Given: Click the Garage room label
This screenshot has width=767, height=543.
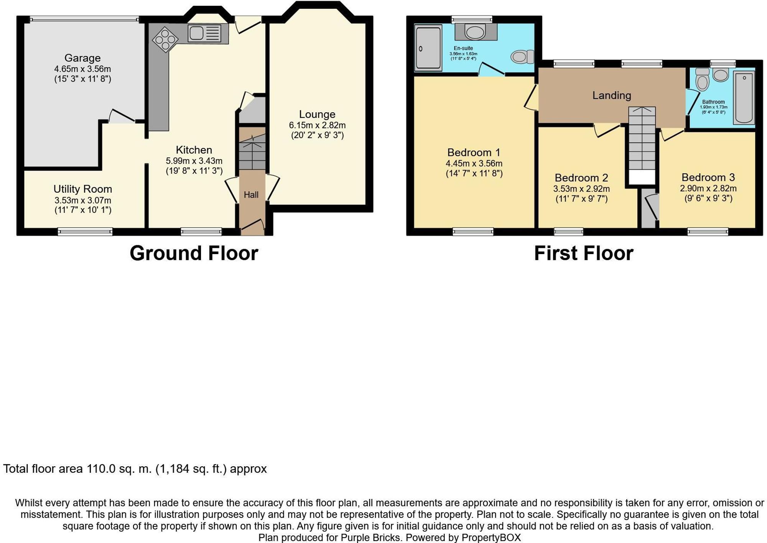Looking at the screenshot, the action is pos(82,58).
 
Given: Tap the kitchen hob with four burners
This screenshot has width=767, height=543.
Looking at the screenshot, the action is pos(165,39).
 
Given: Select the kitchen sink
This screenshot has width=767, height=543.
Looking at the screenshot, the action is pos(204,33).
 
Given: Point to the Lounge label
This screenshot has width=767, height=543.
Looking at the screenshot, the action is pos(317,114).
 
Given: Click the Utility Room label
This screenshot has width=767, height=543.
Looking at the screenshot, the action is pos(82,189).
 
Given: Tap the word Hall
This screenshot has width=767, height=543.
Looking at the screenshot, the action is pos(251,195).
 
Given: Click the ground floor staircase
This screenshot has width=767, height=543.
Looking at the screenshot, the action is pos(252,151).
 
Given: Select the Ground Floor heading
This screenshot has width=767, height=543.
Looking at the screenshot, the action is pos(194,253).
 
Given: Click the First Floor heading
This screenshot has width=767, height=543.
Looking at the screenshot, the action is pos(584,253).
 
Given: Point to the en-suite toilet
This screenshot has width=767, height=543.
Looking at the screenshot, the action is pos(522,57).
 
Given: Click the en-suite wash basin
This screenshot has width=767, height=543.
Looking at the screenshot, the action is pos(476,32).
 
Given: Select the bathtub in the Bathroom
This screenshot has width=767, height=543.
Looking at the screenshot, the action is pos(744,98).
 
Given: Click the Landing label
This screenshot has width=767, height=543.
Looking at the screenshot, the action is pos(612,95).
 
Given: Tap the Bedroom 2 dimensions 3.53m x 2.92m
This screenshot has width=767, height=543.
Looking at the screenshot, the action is pos(581,189).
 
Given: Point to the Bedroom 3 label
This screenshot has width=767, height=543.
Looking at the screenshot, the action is pos(708,177).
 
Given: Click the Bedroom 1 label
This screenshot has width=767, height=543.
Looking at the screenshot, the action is pos(474,153).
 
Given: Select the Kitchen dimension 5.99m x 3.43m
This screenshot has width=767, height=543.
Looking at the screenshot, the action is pos(194,161).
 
